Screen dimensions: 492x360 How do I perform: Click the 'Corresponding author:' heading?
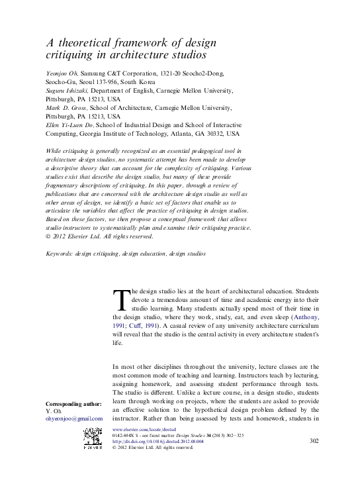73,404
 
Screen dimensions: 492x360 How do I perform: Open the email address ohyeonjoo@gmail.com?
74,419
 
